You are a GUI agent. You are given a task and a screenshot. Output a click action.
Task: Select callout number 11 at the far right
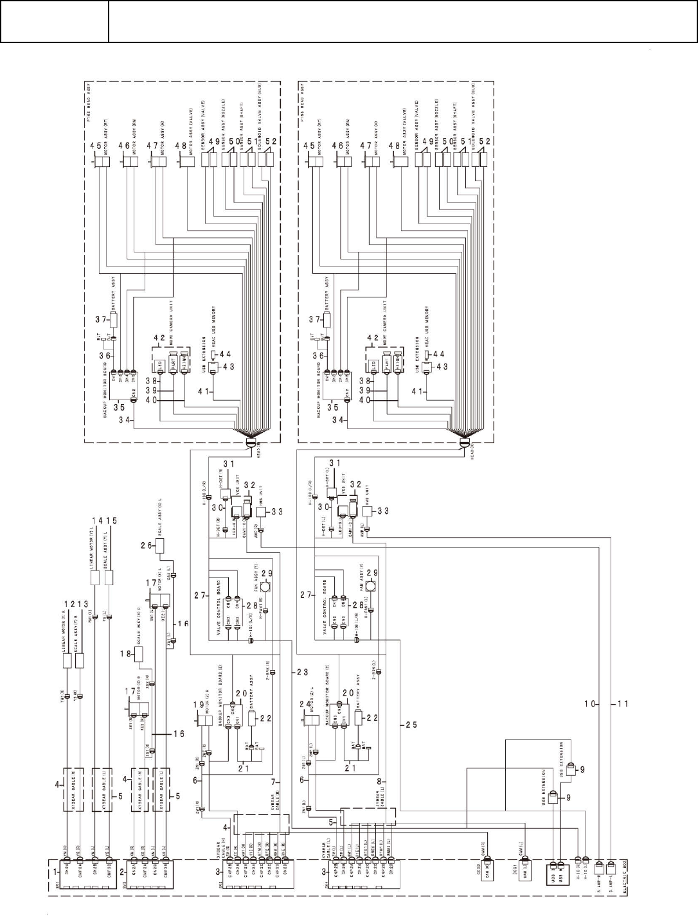point(622,704)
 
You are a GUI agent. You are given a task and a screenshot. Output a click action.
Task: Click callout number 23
point(301,673)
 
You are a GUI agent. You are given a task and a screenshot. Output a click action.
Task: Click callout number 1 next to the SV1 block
point(56,872)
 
